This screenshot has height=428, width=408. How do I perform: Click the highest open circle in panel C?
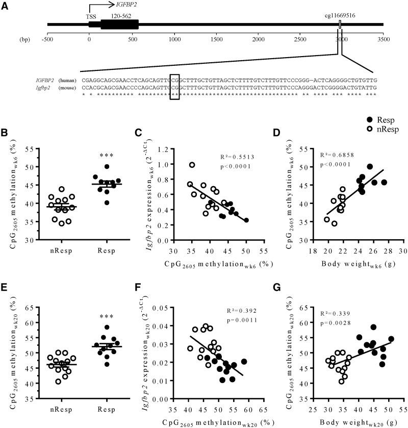coord(192,165)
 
